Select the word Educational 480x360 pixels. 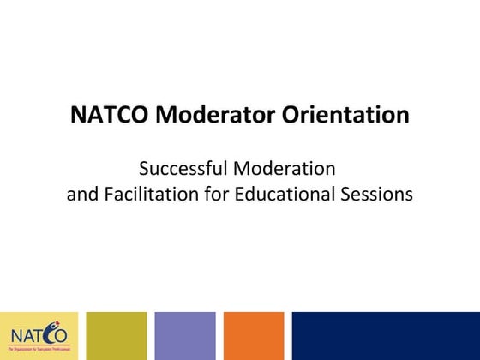(x=291, y=194)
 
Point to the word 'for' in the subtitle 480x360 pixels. (x=225, y=194)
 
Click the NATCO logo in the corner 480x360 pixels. (x=39, y=335)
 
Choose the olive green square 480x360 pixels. (x=117, y=335)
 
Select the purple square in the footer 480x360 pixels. (x=185, y=335)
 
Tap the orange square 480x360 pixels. (x=254, y=335)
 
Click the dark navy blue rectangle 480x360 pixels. (x=386, y=335)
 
